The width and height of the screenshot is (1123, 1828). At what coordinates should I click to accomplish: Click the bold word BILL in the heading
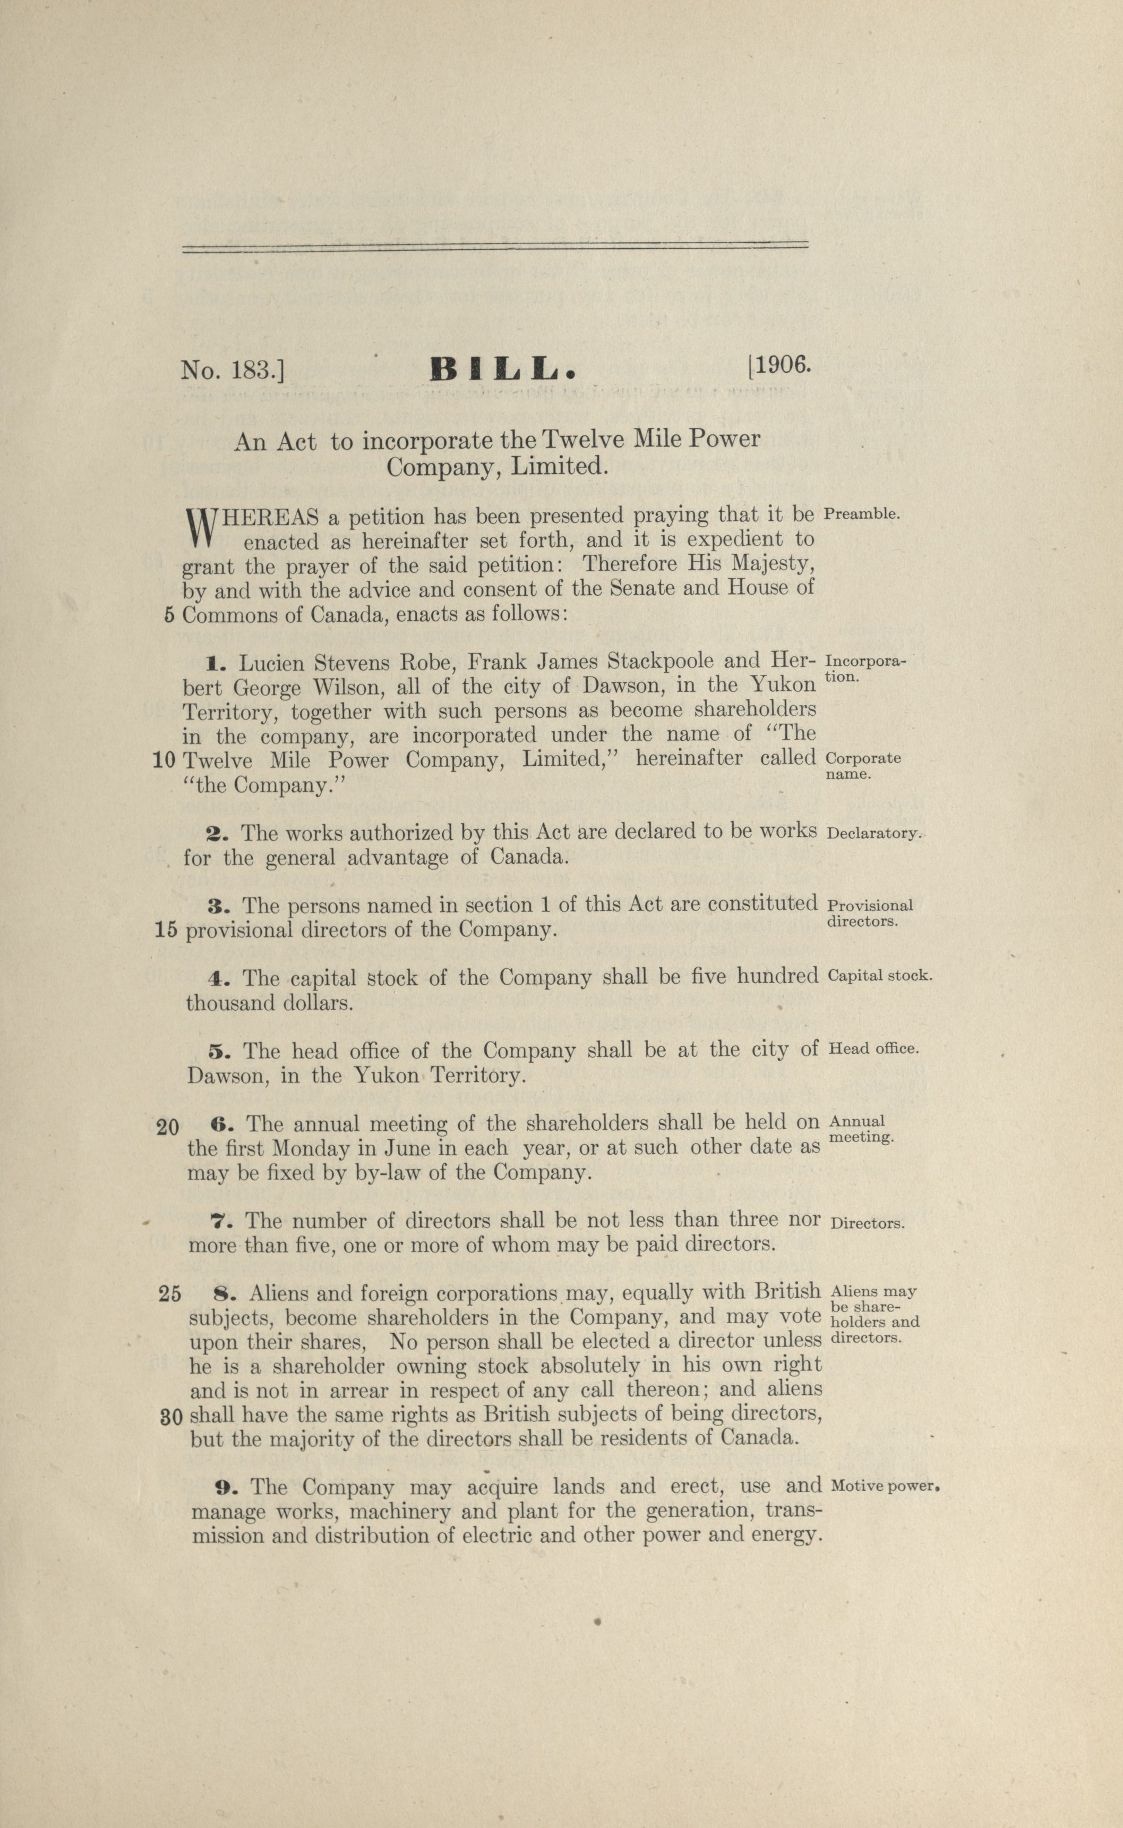(x=503, y=369)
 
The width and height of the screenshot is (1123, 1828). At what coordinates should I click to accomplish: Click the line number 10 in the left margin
(x=164, y=760)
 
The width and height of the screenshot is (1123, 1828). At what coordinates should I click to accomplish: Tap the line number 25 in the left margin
(x=169, y=1294)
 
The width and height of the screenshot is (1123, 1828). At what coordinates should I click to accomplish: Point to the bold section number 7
(x=218, y=1222)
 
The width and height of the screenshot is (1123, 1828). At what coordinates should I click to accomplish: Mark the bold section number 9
(x=224, y=1488)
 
